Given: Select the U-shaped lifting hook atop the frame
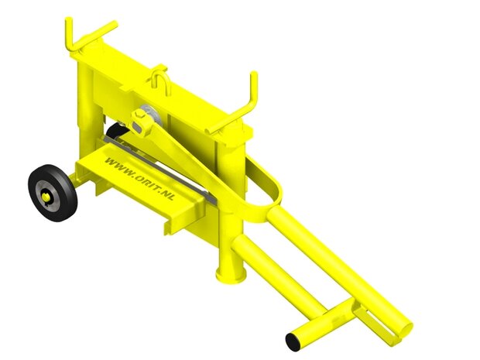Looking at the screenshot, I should coord(159,77).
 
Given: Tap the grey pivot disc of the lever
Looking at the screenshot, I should coord(149,116).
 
